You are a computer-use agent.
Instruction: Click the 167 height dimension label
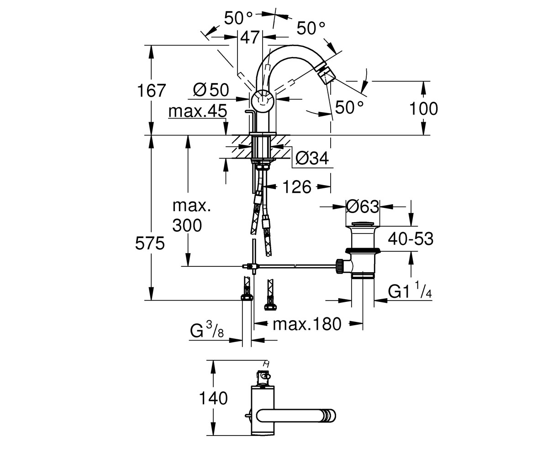pyautogui.click(x=152, y=90)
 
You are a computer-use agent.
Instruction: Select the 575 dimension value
pyautogui.click(x=150, y=243)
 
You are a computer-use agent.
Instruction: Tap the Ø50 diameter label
pyautogui.click(x=211, y=90)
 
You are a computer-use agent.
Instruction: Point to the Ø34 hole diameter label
pyautogui.click(x=312, y=158)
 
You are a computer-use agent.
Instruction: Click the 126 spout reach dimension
pyautogui.click(x=297, y=187)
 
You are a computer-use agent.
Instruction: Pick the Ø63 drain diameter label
pyautogui.click(x=363, y=207)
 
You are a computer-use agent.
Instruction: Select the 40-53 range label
pyautogui.click(x=411, y=239)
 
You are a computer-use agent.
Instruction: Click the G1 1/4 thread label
pyautogui.click(x=410, y=290)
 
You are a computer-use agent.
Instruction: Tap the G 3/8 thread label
pyautogui.click(x=207, y=330)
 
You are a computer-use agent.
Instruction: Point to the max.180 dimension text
pyautogui.click(x=307, y=324)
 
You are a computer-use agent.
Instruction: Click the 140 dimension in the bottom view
pyautogui.click(x=213, y=398)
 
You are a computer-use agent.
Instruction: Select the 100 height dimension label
pyautogui.click(x=423, y=109)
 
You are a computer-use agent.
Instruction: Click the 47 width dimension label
pyautogui.click(x=250, y=37)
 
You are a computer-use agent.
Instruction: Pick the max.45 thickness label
pyautogui.click(x=198, y=111)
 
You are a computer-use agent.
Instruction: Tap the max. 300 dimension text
pyautogui.click(x=191, y=215)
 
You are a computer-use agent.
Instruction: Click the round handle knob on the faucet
pyautogui.click(x=263, y=101)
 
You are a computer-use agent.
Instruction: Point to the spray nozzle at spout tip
pyautogui.click(x=324, y=76)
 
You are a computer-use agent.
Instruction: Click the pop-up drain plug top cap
pyautogui.click(x=363, y=224)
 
